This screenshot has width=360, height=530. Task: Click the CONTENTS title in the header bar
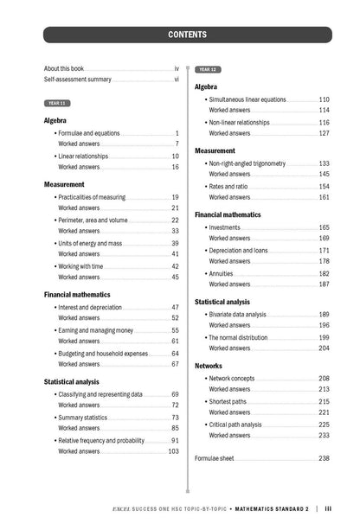(187, 35)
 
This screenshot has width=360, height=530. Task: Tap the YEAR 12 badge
(208, 69)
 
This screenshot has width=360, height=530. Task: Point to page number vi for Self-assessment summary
(176, 79)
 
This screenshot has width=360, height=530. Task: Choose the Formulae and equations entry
(89, 133)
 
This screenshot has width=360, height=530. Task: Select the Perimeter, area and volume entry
(93, 220)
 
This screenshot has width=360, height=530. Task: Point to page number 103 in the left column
(173, 451)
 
